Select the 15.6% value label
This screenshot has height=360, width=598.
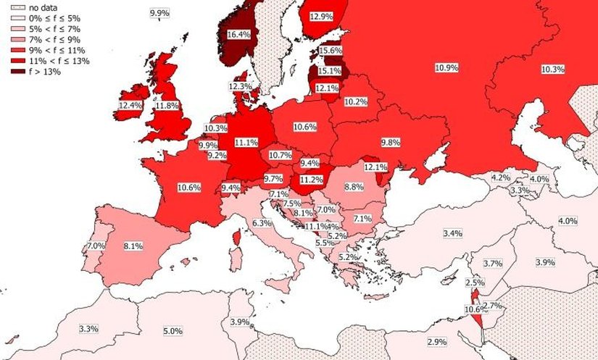[331, 51]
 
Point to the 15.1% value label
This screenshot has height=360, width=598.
[330, 70]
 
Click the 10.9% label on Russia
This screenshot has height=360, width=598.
[447, 67]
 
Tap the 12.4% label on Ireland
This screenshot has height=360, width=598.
[129, 106]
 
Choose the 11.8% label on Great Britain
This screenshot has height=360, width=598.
[167, 106]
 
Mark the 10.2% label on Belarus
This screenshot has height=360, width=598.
[356, 102]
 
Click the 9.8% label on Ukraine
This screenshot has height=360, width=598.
[390, 142]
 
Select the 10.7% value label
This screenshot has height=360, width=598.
[280, 155]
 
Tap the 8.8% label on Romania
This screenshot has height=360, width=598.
[354, 187]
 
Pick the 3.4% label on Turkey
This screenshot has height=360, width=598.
[452, 233]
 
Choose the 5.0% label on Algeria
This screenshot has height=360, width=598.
[173, 331]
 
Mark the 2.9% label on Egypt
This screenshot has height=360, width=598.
[437, 341]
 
